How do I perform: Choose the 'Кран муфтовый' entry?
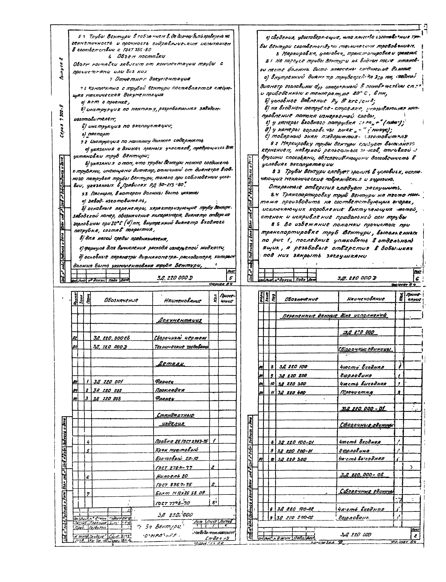coord(177,450)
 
